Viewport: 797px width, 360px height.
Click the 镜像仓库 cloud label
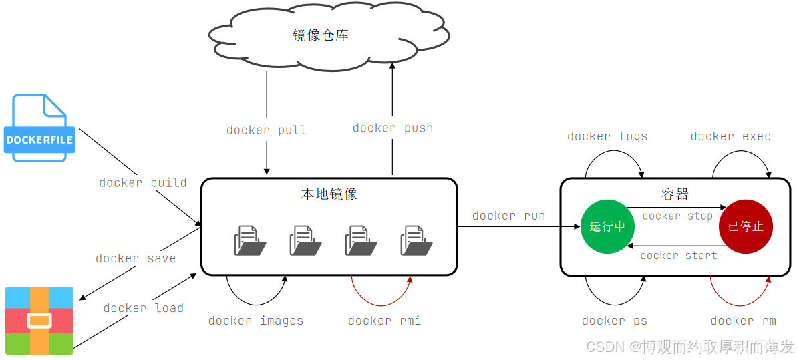[321, 35]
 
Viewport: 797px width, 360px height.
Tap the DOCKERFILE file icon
[39, 128]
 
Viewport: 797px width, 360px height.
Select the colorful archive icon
[39, 320]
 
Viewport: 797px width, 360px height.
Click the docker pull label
[267, 130]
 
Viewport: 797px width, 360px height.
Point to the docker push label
[393, 128]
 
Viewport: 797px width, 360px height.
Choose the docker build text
[143, 182]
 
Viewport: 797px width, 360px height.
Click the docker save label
[136, 258]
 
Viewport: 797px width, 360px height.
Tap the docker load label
[143, 308]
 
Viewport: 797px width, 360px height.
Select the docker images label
[256, 321]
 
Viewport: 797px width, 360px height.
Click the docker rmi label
[385, 321]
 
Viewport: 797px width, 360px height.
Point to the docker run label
[508, 216]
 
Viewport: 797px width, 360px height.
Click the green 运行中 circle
[607, 226]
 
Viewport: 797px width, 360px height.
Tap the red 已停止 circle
[746, 226]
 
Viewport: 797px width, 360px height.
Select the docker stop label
[677, 216]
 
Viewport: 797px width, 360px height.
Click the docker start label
[678, 256]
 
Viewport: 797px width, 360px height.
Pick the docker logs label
[607, 136]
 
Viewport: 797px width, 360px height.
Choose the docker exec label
[731, 136]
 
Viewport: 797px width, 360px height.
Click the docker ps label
[615, 321]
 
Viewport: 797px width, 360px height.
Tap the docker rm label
[744, 321]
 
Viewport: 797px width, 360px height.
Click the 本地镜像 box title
[329, 194]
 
